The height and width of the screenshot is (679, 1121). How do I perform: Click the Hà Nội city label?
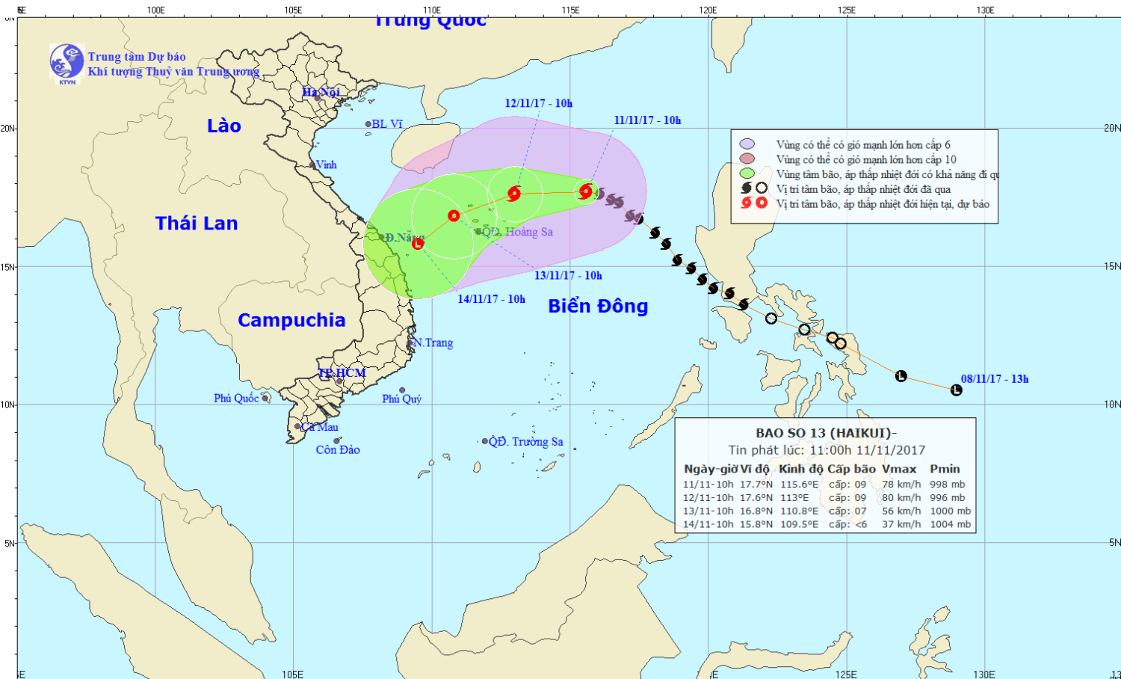tap(321, 93)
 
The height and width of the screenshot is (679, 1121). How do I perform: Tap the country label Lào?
tap(224, 126)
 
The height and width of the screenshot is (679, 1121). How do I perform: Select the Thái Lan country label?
tap(197, 223)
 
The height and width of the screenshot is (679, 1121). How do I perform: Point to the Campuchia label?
tap(291, 320)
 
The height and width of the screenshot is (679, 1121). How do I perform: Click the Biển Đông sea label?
tap(598, 306)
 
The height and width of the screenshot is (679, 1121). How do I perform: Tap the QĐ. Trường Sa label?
tap(526, 442)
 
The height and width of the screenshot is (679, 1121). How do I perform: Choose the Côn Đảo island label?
tap(338, 450)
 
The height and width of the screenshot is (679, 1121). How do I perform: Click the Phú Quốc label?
tap(236, 399)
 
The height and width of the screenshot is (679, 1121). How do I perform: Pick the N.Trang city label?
tap(434, 343)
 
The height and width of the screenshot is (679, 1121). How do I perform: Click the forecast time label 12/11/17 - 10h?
tap(538, 103)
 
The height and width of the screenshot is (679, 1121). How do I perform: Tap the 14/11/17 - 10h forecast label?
tap(491, 299)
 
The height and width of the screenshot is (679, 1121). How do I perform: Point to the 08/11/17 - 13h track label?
tap(995, 379)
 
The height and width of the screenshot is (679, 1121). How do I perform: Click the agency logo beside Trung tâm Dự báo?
tap(67, 62)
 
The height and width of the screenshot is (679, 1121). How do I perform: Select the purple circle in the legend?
tap(747, 144)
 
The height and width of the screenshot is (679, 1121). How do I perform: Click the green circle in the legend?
tap(747, 173)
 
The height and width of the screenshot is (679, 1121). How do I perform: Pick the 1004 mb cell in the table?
tap(950, 524)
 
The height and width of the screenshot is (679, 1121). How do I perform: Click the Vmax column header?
tap(899, 469)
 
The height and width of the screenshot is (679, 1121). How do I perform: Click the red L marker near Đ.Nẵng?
tap(418, 243)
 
